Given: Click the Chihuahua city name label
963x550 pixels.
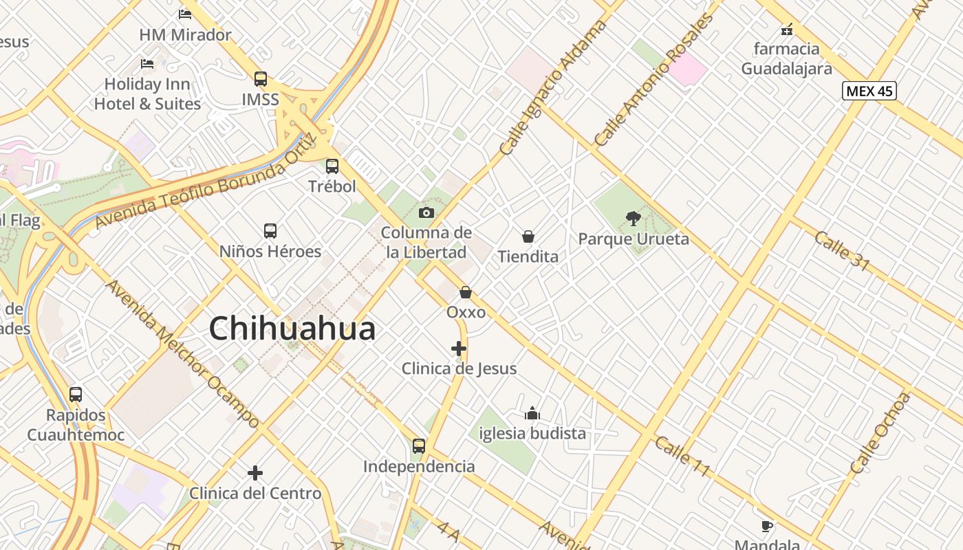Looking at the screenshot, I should click(x=292, y=329).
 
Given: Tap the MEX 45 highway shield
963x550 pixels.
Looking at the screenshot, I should click(x=869, y=91).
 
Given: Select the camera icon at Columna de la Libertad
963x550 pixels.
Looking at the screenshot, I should click(x=426, y=212).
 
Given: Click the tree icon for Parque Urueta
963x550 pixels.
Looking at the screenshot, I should click(x=634, y=219).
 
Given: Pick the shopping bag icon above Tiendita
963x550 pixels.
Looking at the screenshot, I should click(x=528, y=236).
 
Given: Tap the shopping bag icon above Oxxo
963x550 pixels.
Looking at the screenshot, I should click(x=466, y=292).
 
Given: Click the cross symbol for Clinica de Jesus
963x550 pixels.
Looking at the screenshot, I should click(x=459, y=349).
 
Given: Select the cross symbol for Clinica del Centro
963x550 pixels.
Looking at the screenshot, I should click(x=255, y=473).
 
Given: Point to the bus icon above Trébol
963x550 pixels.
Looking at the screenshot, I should click(x=332, y=166).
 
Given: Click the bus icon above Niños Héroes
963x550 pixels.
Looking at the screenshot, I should click(x=270, y=231).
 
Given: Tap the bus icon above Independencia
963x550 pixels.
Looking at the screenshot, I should click(x=419, y=445).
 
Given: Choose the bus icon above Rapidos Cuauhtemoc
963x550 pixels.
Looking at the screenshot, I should click(x=76, y=395).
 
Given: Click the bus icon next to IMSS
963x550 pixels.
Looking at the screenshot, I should click(x=260, y=79).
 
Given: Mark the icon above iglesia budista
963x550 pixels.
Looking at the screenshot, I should click(x=532, y=413).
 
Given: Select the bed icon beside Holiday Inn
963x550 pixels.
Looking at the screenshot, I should click(x=147, y=64).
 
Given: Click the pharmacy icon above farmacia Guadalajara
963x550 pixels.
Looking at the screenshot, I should click(x=787, y=30).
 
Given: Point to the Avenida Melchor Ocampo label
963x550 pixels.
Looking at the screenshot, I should click(x=182, y=353).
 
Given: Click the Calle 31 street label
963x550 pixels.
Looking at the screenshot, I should click(x=842, y=250).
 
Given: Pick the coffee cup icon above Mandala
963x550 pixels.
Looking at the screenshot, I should click(x=767, y=527).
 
